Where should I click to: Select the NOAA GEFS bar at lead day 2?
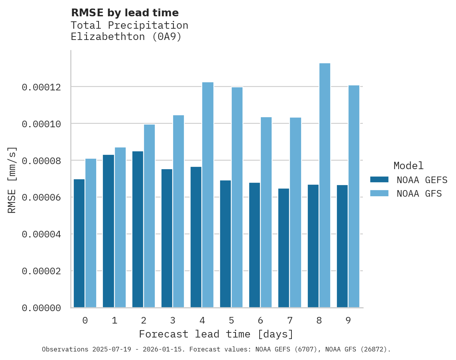click(x=138, y=229)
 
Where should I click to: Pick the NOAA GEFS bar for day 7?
click(x=284, y=248)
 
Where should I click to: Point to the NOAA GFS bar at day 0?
click(x=91, y=233)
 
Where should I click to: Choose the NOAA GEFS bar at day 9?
click(x=342, y=246)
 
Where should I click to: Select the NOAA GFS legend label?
click(x=419, y=193)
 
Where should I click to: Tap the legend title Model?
click(x=408, y=166)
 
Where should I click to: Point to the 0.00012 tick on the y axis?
click(x=41, y=87)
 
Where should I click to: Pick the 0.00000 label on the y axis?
click(x=41, y=308)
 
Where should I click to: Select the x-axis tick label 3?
click(x=173, y=320)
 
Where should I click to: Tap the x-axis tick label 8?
click(x=319, y=320)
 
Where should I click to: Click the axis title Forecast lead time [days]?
click(x=216, y=334)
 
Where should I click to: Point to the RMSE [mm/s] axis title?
click(x=12, y=180)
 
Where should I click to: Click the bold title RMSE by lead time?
click(x=125, y=13)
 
